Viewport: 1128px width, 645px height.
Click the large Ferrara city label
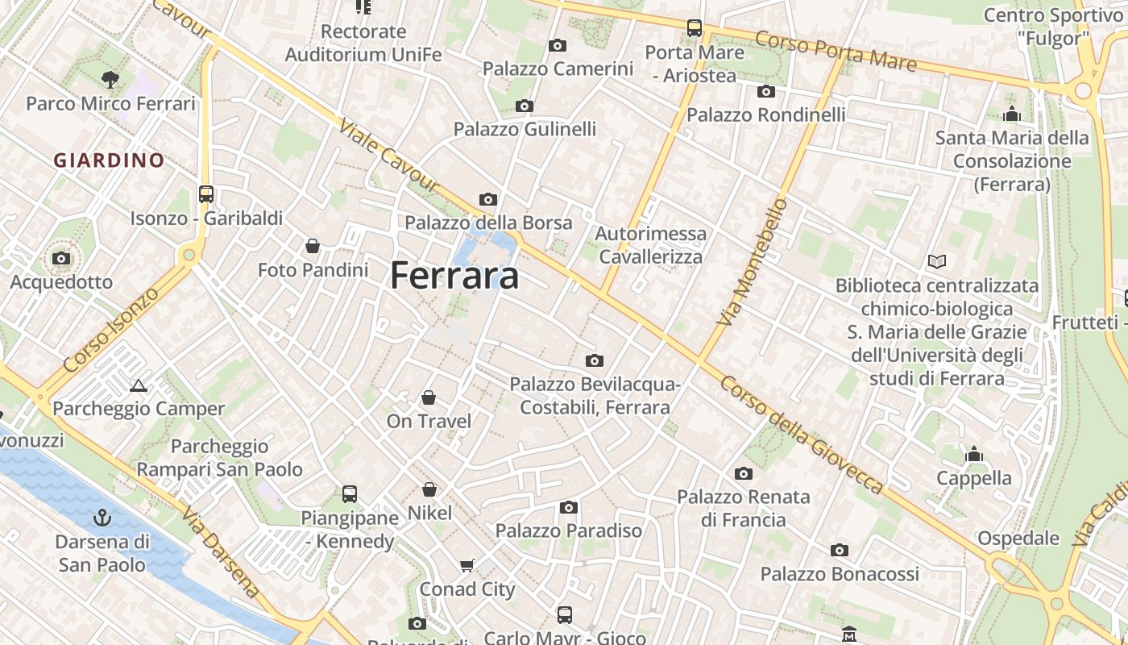click(x=454, y=276)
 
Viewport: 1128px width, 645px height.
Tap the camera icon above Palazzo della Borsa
click(x=488, y=199)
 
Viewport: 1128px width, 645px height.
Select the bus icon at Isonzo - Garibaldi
click(x=206, y=194)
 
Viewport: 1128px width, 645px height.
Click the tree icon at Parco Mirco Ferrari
click(x=110, y=79)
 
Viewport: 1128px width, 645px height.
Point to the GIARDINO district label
click(x=109, y=160)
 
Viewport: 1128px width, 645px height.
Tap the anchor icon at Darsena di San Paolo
click(x=102, y=517)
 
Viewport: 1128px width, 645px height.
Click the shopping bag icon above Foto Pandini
click(x=313, y=246)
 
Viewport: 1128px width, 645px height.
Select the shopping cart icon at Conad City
click(x=467, y=565)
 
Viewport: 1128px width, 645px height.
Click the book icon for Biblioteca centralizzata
click(x=936, y=261)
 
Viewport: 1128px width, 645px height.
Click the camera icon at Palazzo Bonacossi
click(x=840, y=551)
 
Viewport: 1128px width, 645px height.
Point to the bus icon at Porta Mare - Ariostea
click(x=695, y=28)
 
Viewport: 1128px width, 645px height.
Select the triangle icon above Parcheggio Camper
click(x=139, y=385)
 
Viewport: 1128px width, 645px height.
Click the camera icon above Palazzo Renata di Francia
click(x=743, y=473)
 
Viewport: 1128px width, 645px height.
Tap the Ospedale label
click(x=1018, y=538)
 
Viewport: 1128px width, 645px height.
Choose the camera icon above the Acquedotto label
click(x=60, y=259)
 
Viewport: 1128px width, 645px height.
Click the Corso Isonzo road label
click(x=110, y=330)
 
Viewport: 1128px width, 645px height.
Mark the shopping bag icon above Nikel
click(x=429, y=489)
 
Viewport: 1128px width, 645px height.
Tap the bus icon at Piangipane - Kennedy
click(x=350, y=493)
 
